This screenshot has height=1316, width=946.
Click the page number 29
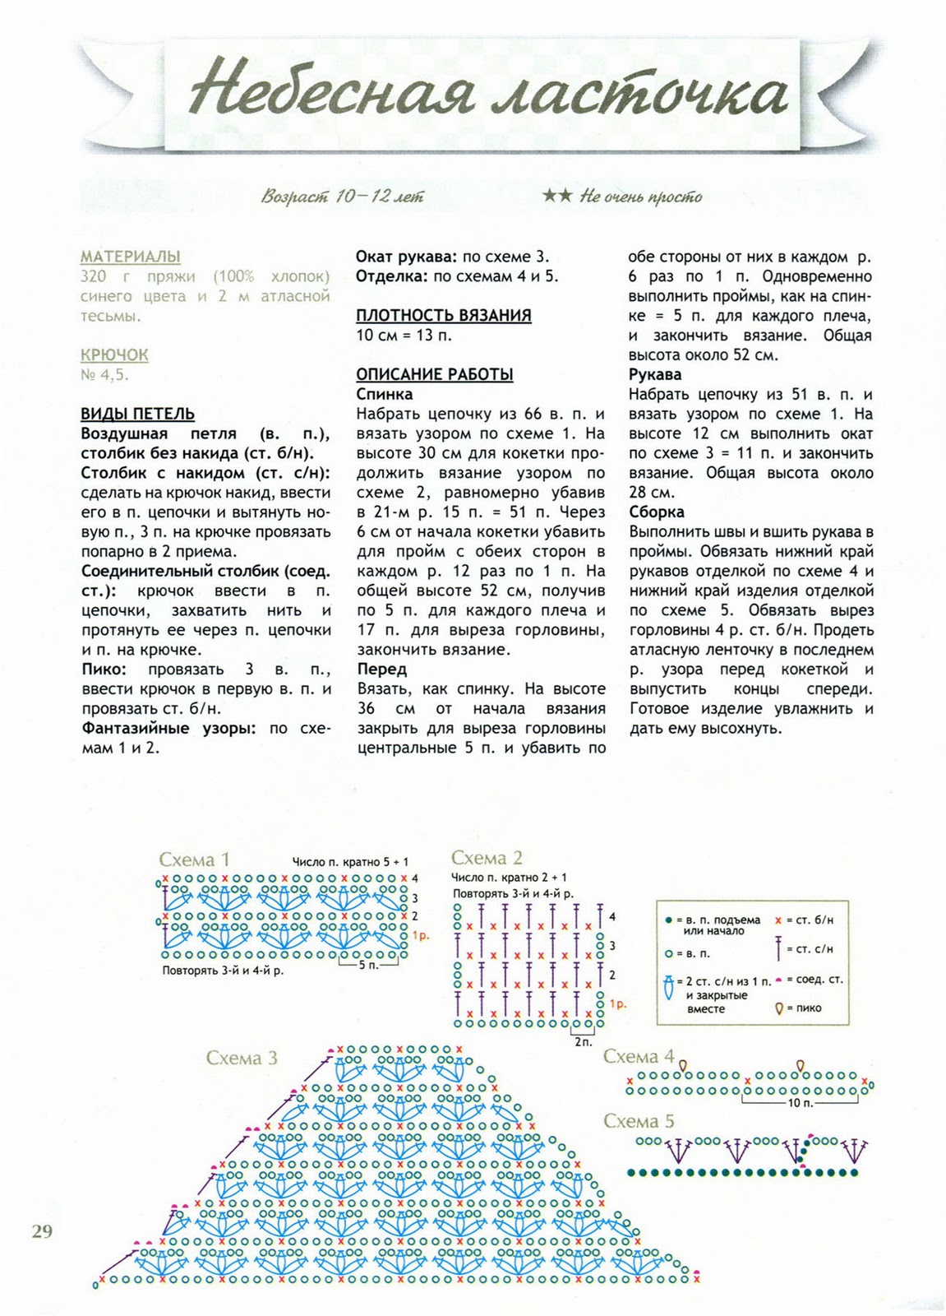(x=42, y=1230)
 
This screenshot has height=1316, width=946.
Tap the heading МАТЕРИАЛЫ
(x=131, y=257)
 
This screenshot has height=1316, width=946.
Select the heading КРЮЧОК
(x=114, y=355)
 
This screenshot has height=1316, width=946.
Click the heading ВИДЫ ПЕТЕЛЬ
(x=138, y=415)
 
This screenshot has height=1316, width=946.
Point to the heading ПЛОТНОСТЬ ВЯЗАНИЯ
(x=443, y=316)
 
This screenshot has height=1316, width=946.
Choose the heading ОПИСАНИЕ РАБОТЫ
(x=434, y=375)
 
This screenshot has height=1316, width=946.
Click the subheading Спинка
(x=385, y=395)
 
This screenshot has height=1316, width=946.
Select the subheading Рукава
(x=656, y=375)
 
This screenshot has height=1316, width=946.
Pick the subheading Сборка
(x=657, y=512)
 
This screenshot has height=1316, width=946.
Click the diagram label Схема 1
(x=194, y=860)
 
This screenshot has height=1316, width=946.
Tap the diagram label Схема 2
(x=487, y=859)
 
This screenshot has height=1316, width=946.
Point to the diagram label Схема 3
(x=242, y=1058)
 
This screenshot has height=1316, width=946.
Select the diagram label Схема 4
(x=639, y=1057)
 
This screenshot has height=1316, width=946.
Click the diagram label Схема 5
(x=639, y=1121)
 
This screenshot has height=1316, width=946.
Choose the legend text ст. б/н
(x=814, y=920)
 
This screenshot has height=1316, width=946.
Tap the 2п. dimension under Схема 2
(x=583, y=1041)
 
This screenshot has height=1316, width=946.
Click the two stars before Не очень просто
(x=557, y=197)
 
